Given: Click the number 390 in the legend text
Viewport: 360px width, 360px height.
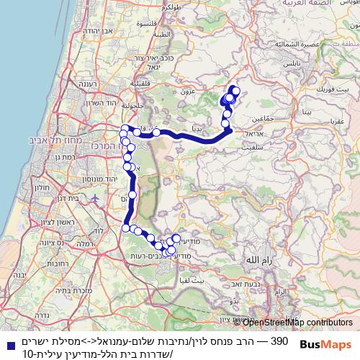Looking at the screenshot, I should (x=279, y=340).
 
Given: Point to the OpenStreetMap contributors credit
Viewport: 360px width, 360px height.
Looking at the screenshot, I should (x=297, y=322).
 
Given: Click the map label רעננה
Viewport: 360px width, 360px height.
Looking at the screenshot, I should (x=89, y=82).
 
